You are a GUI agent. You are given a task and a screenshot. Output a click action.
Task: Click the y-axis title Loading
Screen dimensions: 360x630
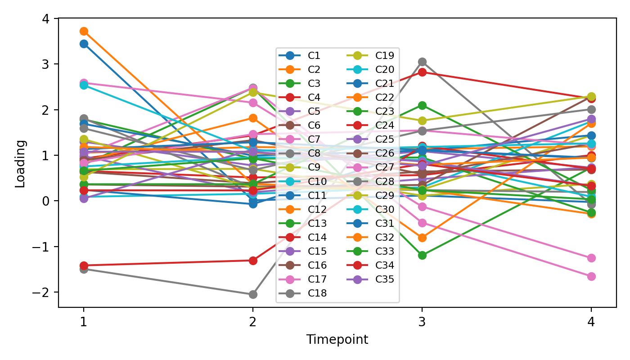(x=20, y=163)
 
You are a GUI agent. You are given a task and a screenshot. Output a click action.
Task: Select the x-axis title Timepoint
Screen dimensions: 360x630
(x=337, y=340)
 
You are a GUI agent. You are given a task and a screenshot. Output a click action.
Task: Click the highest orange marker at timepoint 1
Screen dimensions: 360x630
(x=83, y=31)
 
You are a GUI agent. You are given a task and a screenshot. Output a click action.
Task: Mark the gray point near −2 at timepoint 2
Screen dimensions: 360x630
(x=253, y=294)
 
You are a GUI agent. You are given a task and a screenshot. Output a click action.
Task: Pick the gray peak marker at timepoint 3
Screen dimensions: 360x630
(x=422, y=62)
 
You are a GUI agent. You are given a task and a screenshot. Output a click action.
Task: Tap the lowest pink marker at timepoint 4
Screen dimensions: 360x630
(x=591, y=276)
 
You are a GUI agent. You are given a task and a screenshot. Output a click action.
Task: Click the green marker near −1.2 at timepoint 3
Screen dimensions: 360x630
(x=422, y=255)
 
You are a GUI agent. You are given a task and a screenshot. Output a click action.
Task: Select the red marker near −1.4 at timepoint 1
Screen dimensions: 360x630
(x=83, y=265)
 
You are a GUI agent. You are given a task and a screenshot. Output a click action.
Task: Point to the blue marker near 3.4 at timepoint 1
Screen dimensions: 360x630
(x=83, y=44)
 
